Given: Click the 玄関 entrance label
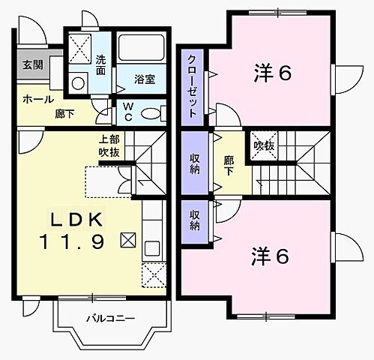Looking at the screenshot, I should tap(31, 65).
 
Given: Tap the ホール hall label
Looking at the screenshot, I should tap(37, 100).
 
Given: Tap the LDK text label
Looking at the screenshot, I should tap(80, 219).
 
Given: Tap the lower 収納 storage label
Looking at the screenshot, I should tap(194, 220).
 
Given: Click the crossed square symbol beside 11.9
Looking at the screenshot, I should tap(128, 241).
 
